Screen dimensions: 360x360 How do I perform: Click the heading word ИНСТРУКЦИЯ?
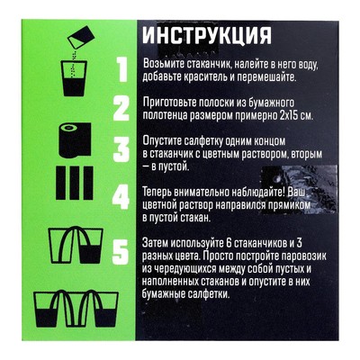coord(205,37)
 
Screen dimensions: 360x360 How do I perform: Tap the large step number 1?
coord(114,67)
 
